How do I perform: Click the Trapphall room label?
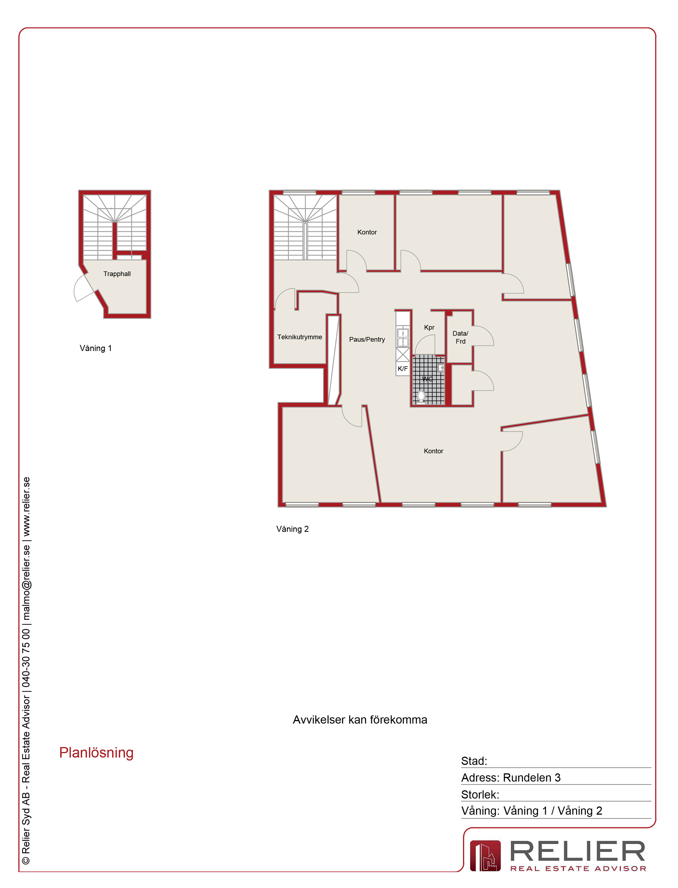pyautogui.click(x=117, y=274)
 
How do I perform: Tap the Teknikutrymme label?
pyautogui.click(x=300, y=337)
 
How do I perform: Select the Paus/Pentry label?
pyautogui.click(x=367, y=339)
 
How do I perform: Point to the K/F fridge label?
pyautogui.click(x=402, y=368)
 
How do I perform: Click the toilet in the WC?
pyautogui.click(x=421, y=397)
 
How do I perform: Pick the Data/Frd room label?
pyautogui.click(x=460, y=337)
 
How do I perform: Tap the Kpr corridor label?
pyautogui.click(x=429, y=327)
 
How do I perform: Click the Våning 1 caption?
pyautogui.click(x=96, y=348)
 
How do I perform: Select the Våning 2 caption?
pyautogui.click(x=292, y=529)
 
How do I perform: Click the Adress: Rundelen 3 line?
pyautogui.click(x=511, y=778)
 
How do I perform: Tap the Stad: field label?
pyautogui.click(x=474, y=761)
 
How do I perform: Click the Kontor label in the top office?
pyautogui.click(x=367, y=232)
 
